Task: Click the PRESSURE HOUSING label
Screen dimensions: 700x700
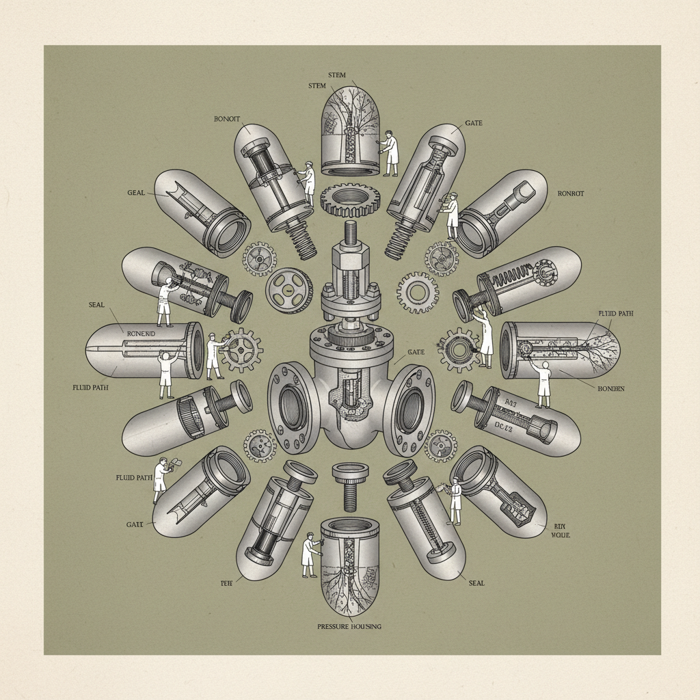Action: point(349,626)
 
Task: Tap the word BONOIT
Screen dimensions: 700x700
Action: point(228,118)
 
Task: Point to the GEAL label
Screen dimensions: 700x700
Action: point(136,193)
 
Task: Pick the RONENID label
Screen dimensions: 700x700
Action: point(142,333)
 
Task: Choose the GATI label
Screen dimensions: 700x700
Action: point(135,525)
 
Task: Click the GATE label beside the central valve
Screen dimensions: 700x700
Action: point(416,351)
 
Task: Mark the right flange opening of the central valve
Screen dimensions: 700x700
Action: point(412,409)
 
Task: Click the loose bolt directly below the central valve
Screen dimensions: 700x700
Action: point(350,484)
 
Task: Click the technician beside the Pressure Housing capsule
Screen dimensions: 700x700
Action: point(310,551)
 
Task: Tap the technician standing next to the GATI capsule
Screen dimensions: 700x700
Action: point(161,479)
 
